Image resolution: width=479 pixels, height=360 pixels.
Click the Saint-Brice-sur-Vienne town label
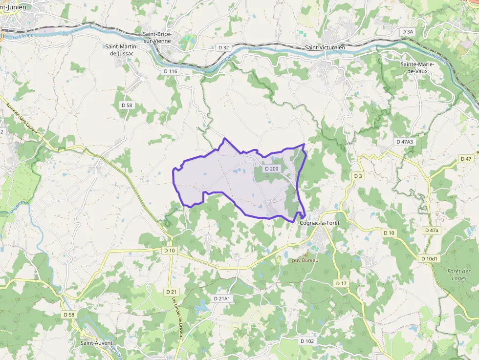click(x=156, y=38)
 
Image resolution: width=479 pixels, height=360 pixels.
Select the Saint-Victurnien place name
click(x=325, y=47)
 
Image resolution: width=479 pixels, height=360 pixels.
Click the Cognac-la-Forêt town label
click(x=319, y=223)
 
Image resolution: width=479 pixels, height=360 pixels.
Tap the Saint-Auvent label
click(x=97, y=343)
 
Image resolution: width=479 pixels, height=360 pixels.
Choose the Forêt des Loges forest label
click(x=459, y=275)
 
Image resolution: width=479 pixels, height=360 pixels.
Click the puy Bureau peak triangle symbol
click(x=305, y=254)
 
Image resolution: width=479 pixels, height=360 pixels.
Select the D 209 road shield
click(x=271, y=169)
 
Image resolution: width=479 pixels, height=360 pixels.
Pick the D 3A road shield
click(x=408, y=32)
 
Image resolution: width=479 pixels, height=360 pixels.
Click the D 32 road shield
click(x=224, y=47)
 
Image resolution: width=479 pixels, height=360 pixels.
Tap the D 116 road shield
click(x=171, y=71)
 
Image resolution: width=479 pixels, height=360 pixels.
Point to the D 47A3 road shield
click(x=404, y=142)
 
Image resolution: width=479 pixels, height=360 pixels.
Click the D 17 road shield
click(x=341, y=283)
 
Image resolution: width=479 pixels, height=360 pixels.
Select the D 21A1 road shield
click(x=222, y=298)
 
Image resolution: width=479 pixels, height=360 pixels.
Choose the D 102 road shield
click(x=307, y=341)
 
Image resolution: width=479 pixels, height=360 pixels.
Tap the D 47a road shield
click(x=432, y=230)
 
